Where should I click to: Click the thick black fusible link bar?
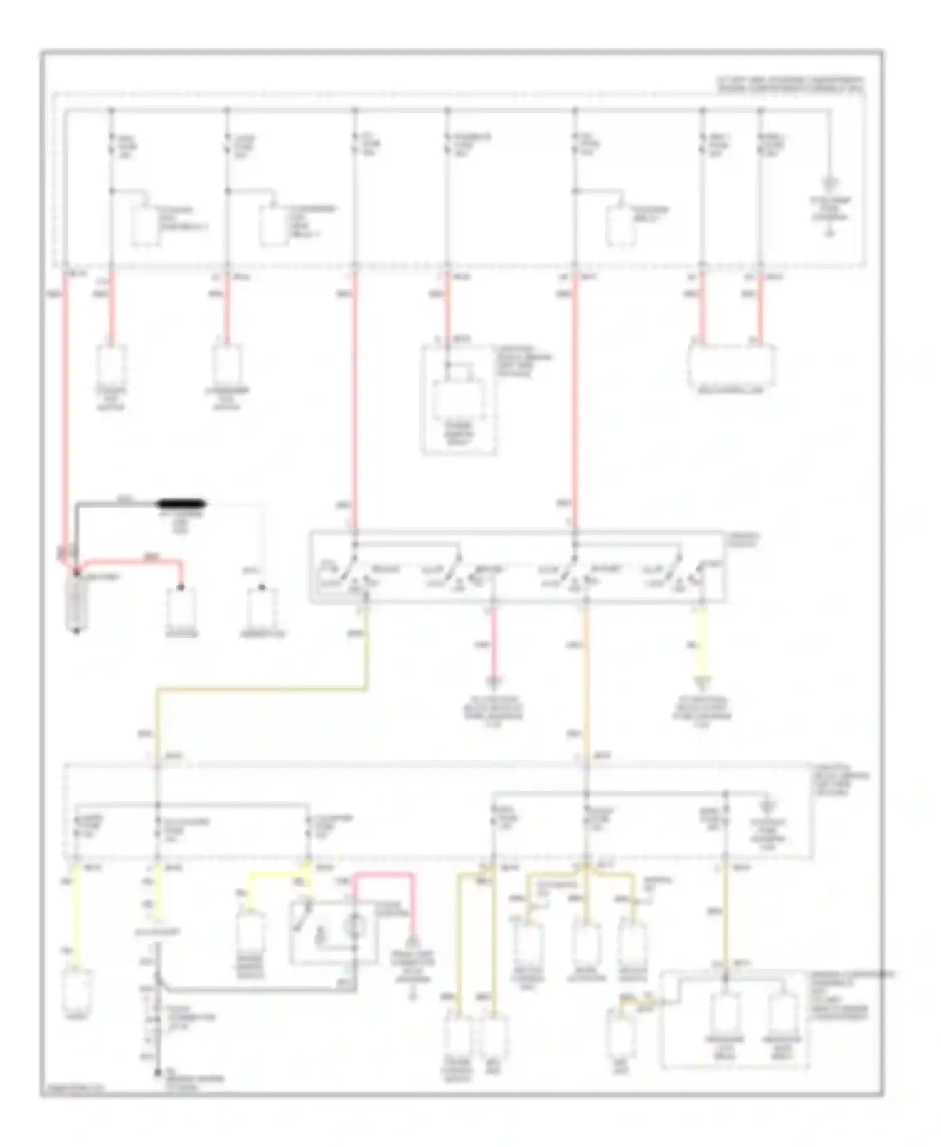[x=182, y=503]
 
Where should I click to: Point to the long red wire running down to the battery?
[x=66, y=408]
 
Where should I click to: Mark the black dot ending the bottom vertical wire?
[x=158, y=1072]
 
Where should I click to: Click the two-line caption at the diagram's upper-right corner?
[x=790, y=85]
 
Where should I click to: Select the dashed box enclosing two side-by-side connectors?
[x=734, y=1020]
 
